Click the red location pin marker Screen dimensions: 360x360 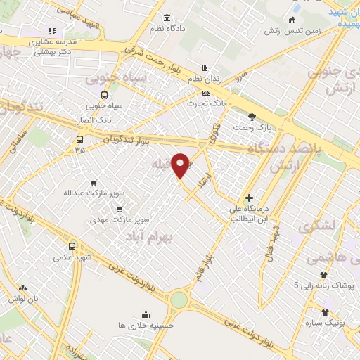[x=181, y=165]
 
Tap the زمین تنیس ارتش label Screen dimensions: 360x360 [x=292, y=31]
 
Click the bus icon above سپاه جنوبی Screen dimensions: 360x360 [x=105, y=95]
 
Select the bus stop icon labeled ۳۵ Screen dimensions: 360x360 [x=79, y=138]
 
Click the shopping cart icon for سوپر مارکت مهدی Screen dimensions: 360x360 [x=120, y=208]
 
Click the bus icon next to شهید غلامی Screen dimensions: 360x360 [x=72, y=246]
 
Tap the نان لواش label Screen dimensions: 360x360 [x=23, y=299]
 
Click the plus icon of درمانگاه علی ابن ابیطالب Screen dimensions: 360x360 [x=249, y=198]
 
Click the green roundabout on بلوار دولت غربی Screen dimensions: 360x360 [x=179, y=300]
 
